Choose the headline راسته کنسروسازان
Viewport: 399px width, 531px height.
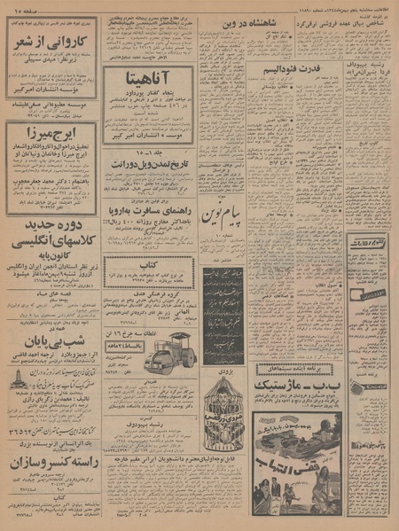click(x=51, y=462)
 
